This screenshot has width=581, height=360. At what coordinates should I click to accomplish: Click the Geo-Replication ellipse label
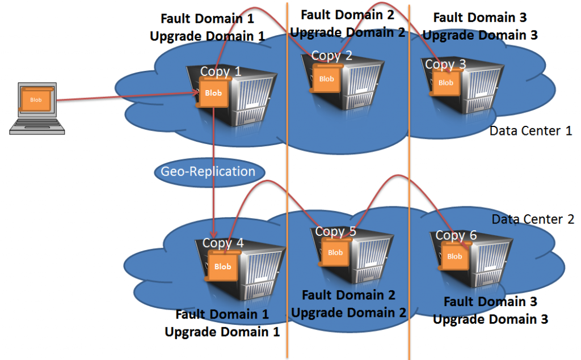point(208,171)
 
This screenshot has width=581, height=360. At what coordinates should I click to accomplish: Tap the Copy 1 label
point(221,72)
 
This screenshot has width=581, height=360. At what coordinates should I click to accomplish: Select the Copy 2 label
point(332,56)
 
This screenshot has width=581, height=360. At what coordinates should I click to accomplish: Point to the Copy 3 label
point(445,64)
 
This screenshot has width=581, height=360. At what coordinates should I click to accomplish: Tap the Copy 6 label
point(456,235)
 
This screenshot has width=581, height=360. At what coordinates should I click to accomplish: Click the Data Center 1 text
point(531,131)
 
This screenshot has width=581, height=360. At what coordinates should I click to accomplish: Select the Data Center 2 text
point(533,219)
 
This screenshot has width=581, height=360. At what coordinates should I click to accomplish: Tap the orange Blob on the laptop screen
point(36,100)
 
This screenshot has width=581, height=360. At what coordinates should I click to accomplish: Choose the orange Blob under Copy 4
point(222,266)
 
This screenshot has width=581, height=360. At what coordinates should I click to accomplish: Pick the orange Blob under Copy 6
point(454,256)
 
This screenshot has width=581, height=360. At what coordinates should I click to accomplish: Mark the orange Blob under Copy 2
point(326,79)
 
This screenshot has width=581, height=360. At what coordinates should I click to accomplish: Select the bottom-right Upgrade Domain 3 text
point(490,319)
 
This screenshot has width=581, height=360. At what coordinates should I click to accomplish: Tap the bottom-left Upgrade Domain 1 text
point(222,332)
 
